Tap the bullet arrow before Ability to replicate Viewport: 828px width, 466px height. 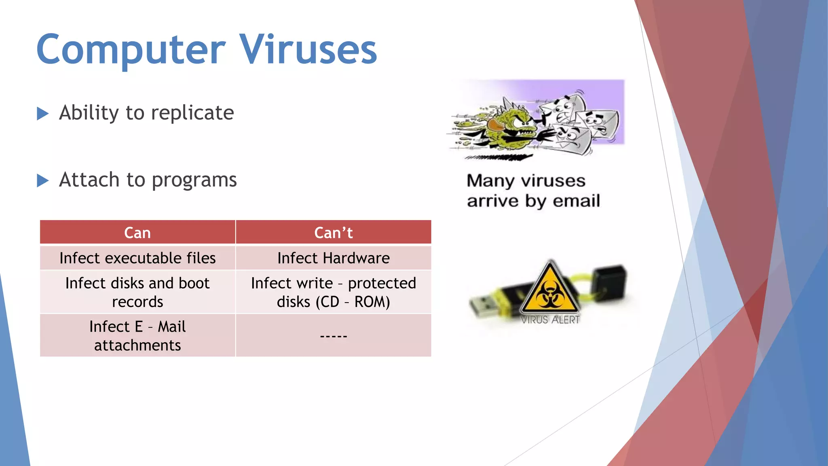point(42,113)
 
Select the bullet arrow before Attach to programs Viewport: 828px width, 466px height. point(42,180)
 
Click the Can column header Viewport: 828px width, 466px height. point(137,233)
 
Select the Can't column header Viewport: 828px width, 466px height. point(333,233)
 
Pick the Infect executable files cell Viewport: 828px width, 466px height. point(137,258)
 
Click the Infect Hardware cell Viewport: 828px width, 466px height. point(333,258)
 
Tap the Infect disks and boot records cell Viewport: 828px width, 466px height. point(137,292)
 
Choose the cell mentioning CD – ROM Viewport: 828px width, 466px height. point(333,292)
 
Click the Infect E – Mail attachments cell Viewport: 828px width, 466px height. point(137,336)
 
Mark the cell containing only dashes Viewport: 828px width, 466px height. point(333,336)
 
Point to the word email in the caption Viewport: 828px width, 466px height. point(576,201)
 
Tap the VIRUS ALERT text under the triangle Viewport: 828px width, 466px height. point(550,320)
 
